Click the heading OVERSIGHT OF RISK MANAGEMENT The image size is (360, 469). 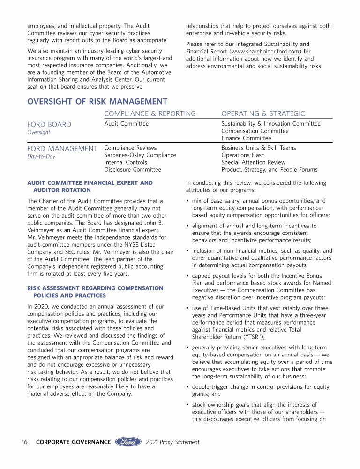pos(97,102)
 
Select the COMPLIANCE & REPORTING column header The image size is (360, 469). pos(150,113)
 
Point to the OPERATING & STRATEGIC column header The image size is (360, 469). pos(263,113)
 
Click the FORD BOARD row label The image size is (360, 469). pos(49,124)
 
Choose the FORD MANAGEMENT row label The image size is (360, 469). pos(62,148)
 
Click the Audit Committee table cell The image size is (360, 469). pos(126,124)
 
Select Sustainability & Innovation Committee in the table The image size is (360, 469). pos(271,124)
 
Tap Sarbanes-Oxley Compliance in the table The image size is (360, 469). pos(140,155)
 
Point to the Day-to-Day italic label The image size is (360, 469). pos(41,157)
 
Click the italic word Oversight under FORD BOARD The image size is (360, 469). pos(38,132)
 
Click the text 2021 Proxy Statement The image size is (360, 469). pos(172,442)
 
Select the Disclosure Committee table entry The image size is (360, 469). pos(133,170)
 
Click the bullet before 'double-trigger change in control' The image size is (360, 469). pos(187,387)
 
